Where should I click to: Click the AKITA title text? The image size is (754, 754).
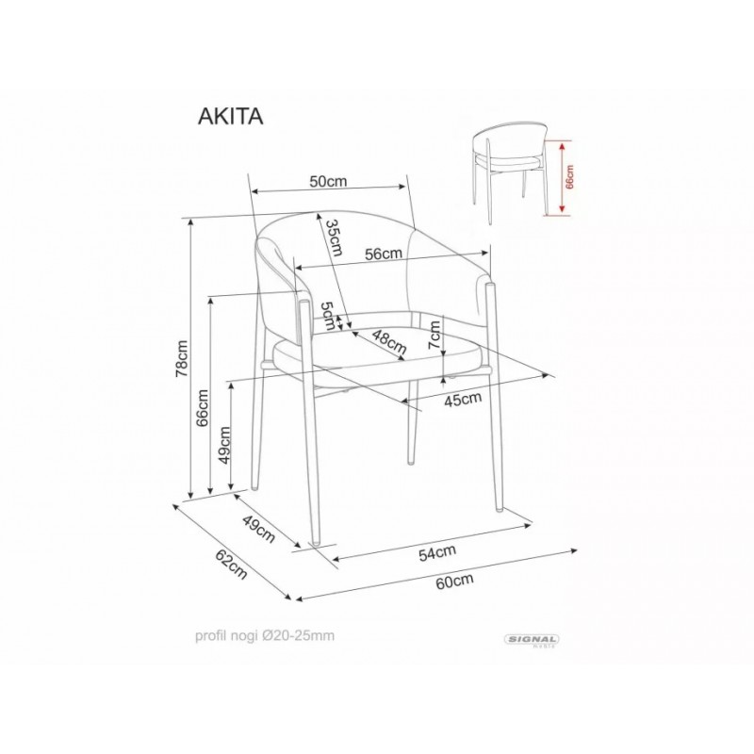click(230, 116)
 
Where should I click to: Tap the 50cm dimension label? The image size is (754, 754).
click(328, 181)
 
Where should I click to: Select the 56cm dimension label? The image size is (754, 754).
click(384, 254)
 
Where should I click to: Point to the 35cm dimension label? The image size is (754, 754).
click(334, 238)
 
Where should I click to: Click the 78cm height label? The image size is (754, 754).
click(182, 359)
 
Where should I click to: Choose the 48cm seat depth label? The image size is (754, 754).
click(389, 342)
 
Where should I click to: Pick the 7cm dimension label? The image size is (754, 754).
click(434, 336)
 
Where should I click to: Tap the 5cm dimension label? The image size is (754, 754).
click(328, 316)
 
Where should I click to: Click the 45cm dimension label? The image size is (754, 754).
click(463, 399)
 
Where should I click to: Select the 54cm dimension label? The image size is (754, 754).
click(437, 553)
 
